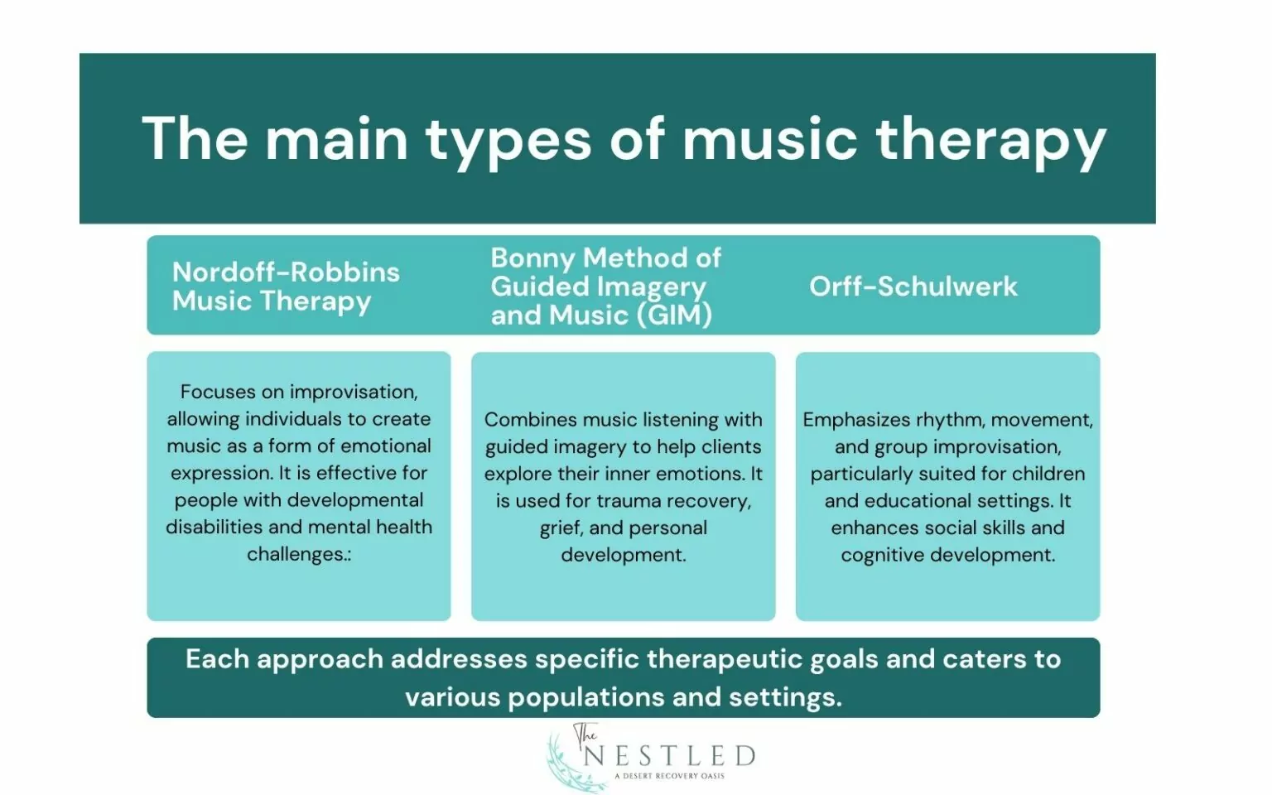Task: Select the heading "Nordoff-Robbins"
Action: pos(286,272)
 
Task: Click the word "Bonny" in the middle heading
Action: pos(533,258)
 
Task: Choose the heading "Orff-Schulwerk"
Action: pos(913,286)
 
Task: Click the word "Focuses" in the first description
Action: pos(217,392)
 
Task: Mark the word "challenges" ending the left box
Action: pos(296,554)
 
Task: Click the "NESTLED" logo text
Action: pos(669,756)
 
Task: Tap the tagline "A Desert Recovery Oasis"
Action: pos(669,776)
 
